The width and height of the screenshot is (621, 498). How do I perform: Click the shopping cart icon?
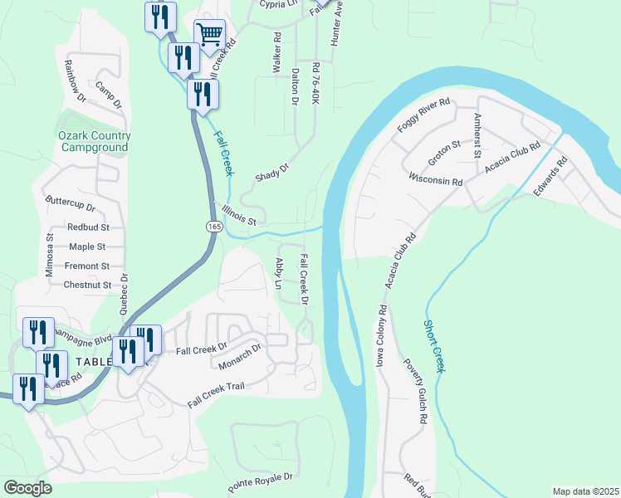210,34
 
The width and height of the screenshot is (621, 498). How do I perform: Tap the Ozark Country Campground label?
95,141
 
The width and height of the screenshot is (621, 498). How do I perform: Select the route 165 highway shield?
213,226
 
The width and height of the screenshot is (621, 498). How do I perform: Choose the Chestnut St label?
87,285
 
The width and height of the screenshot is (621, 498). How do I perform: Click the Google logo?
28,488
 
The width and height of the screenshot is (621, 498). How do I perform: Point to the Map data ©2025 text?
584,491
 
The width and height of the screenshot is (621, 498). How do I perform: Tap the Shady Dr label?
271,173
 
